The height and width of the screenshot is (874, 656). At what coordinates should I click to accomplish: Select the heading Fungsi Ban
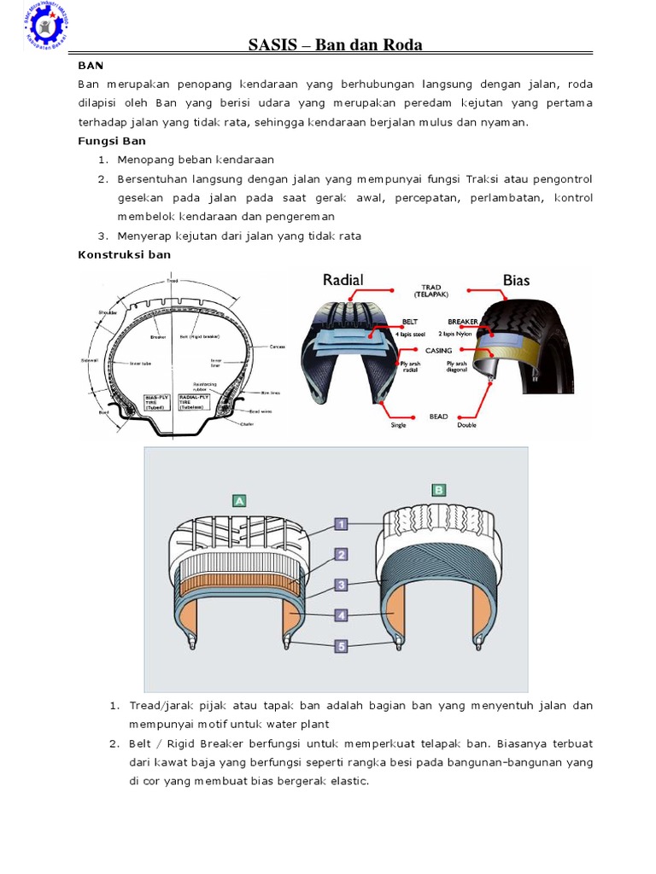(x=112, y=141)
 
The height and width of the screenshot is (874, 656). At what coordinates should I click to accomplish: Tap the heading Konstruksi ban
(x=124, y=254)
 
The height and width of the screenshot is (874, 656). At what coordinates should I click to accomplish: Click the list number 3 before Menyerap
(x=101, y=236)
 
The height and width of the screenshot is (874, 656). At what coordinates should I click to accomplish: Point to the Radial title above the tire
(x=343, y=280)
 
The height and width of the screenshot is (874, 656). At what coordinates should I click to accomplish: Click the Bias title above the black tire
(x=517, y=280)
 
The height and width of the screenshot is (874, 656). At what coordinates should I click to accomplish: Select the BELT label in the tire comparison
(x=413, y=323)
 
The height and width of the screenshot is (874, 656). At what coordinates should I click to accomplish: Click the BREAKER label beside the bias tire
(x=462, y=323)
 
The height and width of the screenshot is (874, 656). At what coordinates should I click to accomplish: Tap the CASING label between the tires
(x=438, y=350)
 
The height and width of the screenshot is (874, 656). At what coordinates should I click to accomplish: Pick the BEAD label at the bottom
(x=438, y=417)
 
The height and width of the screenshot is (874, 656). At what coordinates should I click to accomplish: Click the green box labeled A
(x=238, y=501)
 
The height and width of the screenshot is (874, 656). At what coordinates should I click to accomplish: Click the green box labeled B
(x=439, y=490)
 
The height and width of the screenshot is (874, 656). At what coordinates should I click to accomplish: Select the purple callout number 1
(x=341, y=524)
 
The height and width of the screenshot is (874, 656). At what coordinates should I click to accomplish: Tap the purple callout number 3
(x=341, y=585)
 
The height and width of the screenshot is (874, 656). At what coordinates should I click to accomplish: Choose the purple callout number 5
(x=341, y=646)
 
